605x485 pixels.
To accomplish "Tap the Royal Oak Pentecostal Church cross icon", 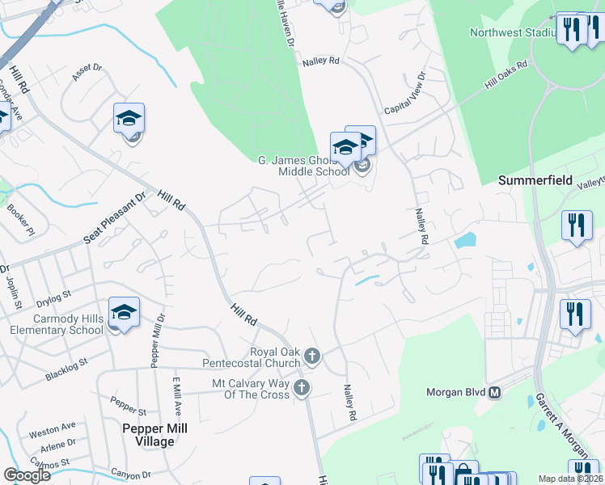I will pos(313,355).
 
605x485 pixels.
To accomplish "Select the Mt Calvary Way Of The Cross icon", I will pos(302,388).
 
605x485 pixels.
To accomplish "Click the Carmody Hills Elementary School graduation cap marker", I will pos(124,312).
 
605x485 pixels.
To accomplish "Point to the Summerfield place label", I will pos(535,179).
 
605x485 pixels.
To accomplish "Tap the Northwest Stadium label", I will pos(514,32).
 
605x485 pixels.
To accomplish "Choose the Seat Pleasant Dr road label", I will pos(115,218).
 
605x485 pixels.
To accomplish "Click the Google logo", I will pos(27,474).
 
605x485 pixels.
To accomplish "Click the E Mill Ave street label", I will pos(176,394).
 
